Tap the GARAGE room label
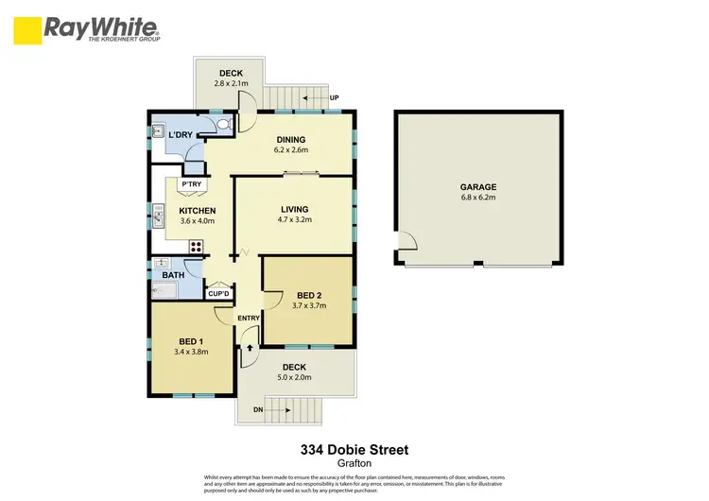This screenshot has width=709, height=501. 477,187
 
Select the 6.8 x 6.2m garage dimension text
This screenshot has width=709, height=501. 477,199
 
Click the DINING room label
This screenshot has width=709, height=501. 291,139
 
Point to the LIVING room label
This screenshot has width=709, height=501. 296,209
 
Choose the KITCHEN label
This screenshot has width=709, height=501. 198,210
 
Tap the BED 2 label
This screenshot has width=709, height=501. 308,295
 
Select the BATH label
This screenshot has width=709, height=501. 173,276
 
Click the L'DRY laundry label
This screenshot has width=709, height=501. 180,134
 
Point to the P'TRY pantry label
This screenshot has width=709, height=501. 192,183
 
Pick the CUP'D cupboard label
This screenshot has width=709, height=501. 219,293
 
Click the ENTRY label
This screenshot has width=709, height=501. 248,318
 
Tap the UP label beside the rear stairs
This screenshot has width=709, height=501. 334,97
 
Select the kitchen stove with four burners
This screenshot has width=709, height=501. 197,248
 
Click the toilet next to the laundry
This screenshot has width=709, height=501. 224,124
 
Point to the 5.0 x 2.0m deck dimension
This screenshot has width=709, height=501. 292,378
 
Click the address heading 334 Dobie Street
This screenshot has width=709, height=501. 354,449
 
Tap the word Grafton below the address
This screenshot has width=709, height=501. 354,463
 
